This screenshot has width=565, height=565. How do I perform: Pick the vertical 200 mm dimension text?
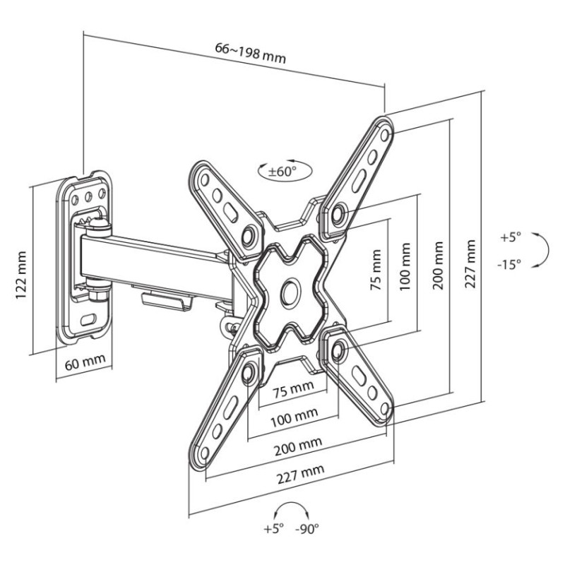tap(439, 261)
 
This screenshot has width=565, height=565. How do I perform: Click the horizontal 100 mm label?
tap(292, 417)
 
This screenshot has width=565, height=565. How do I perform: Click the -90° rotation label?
tap(307, 528)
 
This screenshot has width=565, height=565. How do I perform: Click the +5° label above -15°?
tap(510, 237)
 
